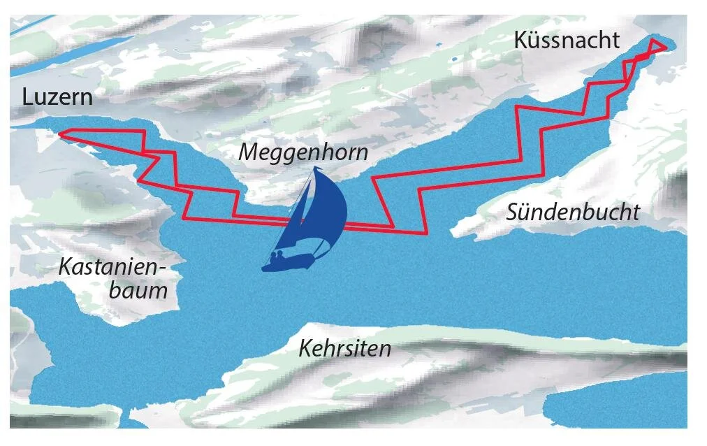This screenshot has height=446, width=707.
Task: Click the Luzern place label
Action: tap(57, 96)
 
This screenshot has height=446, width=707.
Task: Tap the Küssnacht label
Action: tap(566, 41)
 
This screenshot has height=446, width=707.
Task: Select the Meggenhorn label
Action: tap(303, 152)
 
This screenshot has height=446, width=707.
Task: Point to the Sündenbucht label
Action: tap(573, 212)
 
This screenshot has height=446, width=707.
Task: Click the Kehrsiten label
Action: tap(344, 348)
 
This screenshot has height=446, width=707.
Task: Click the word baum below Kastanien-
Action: tap(138, 290)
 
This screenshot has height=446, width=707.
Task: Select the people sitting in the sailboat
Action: tap(278, 257)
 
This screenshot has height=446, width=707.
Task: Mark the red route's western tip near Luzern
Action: tap(59, 133)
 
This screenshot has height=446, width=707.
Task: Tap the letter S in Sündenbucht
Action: tap(513, 212)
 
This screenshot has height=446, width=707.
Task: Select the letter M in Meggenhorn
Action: tap(248, 152)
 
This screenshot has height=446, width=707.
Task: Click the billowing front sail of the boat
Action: tap(330, 210)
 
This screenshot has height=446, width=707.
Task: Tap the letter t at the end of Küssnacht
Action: tap(615, 41)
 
